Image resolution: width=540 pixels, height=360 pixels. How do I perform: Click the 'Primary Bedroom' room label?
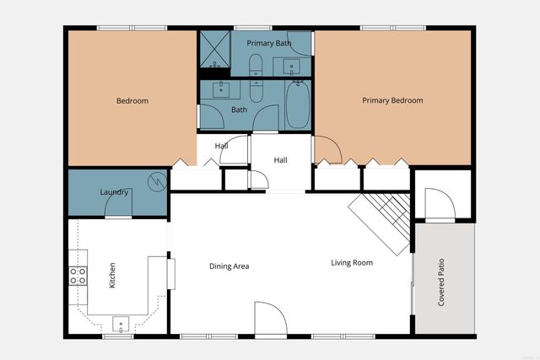[392, 100]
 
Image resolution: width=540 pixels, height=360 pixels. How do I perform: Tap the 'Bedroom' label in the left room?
[132, 101]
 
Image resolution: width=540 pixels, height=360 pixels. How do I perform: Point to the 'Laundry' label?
[114, 192]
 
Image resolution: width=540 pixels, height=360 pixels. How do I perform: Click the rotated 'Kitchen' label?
[112, 275]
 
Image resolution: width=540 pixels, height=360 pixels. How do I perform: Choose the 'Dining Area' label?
[229, 266]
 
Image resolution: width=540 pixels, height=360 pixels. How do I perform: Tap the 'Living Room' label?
[351, 262]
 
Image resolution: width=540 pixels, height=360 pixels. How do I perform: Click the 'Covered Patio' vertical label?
[441, 282]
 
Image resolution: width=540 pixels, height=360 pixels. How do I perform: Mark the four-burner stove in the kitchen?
[78, 275]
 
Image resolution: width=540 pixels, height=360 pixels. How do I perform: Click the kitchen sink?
[121, 323]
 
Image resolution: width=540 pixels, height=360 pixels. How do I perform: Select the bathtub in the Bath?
[298, 105]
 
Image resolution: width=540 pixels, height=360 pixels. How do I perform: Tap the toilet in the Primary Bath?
[255, 63]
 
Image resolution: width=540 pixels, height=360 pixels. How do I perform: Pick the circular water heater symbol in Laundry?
[156, 180]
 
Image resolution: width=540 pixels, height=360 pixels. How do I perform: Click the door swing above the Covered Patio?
[438, 205]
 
